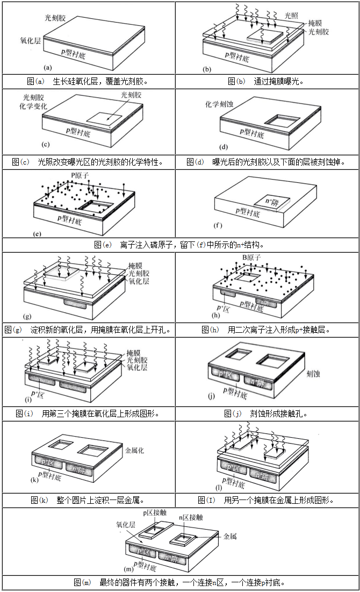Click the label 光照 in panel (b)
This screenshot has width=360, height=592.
[292, 16]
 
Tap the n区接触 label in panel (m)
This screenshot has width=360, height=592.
[191, 517]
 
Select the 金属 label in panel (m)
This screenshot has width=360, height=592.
[230, 536]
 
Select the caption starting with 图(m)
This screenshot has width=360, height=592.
[179, 582]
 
